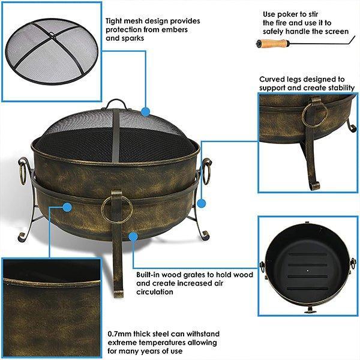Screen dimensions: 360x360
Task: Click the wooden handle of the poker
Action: (274, 43)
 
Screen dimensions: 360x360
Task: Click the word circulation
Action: (155, 292)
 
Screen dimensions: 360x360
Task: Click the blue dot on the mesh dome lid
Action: (145, 111)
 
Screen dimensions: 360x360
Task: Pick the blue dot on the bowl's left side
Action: (67, 208)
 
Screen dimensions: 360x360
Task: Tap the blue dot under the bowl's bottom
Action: (133, 236)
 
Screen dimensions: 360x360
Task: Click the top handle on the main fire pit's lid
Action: (116, 104)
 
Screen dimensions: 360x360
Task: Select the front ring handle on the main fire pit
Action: (116, 207)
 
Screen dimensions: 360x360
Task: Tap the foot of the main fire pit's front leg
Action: (118, 293)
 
